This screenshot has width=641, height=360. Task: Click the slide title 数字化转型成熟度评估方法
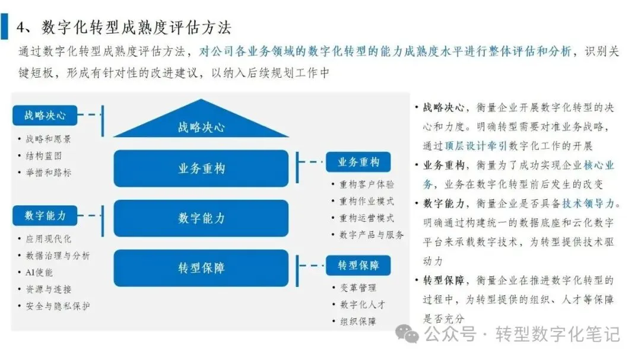pos(137,27)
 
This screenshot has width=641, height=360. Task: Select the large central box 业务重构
pos(201,168)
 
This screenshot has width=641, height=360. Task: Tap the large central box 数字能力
pos(201,218)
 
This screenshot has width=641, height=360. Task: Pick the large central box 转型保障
pos(201,267)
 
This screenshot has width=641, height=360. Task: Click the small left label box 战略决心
pos(45,115)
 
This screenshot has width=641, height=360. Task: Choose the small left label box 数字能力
pos(45,215)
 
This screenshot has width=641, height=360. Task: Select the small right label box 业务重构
pos(358,162)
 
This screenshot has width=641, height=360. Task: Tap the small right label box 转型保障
pos(358,265)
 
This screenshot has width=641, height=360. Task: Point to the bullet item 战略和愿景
pos(47,139)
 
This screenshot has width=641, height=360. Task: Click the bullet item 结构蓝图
pos(43,156)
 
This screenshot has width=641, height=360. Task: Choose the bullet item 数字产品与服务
pos(372,235)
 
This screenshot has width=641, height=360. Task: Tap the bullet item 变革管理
pos(357,288)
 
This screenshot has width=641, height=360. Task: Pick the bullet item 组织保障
pos(357,321)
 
